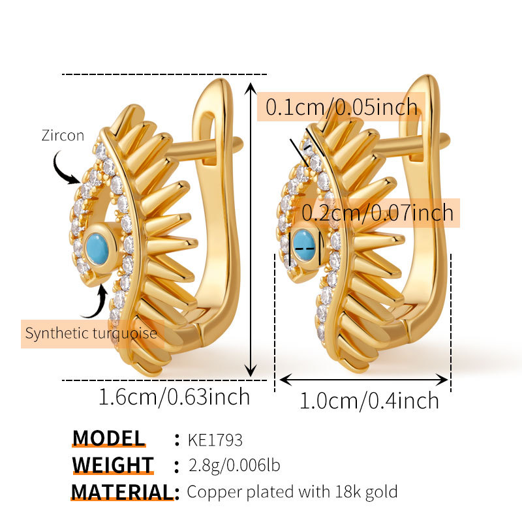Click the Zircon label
(x=63, y=136)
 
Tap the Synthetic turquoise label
(x=91, y=333)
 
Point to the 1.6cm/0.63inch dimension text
(x=174, y=396)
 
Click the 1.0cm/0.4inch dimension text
(x=369, y=400)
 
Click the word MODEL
(x=108, y=438)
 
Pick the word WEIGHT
(x=113, y=465)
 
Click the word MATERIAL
(x=122, y=491)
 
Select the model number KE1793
(x=215, y=439)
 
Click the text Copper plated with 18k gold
(x=292, y=491)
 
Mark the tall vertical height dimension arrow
(x=251, y=228)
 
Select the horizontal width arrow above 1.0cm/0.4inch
(x=364, y=379)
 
